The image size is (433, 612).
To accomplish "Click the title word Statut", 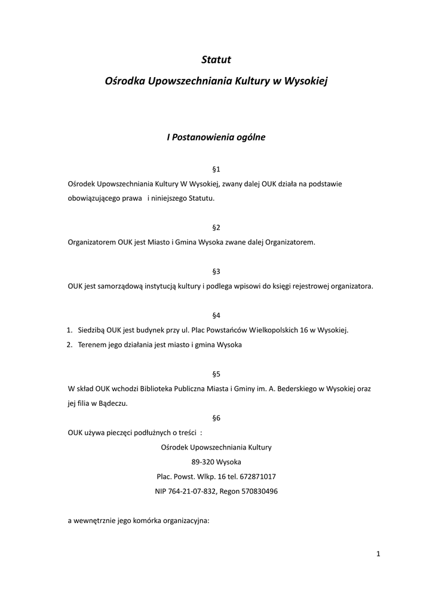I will click(x=216, y=60).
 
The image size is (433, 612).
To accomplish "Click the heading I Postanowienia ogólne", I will click(x=216, y=137).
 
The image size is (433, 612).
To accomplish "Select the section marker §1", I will click(x=216, y=170).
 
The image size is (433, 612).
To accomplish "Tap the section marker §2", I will click(x=216, y=228).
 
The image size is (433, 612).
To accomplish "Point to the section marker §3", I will click(x=216, y=271).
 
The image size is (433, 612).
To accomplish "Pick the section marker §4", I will click(x=216, y=314).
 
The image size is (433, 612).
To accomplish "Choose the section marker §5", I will click(x=216, y=374).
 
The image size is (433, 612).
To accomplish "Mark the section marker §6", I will click(x=216, y=418).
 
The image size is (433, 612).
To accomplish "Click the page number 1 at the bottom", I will click(x=379, y=554).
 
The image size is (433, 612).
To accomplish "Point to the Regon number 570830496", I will click(x=257, y=491).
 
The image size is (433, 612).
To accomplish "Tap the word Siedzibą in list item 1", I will click(x=91, y=330).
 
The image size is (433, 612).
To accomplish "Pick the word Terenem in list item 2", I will click(x=91, y=345).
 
